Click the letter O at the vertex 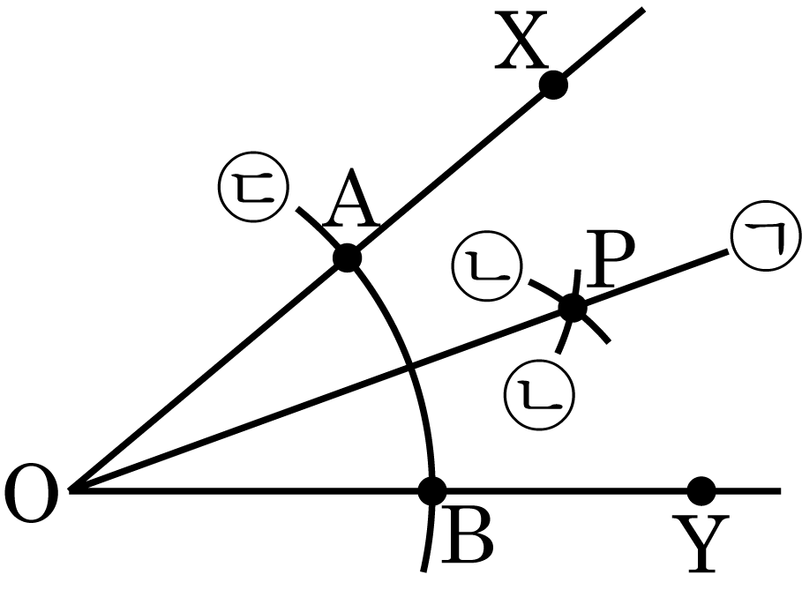pos(31,493)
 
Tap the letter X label pos(521,41)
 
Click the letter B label pos(467,534)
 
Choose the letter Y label pos(701,543)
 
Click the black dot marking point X pos(553,85)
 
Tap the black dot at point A pos(348,258)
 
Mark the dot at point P pos(573,309)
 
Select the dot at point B pos(432,490)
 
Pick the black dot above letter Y pos(701,490)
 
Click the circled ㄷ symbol pos(253,187)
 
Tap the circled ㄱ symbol pos(765,235)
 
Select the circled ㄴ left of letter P pos(487,265)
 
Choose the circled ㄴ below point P pos(540,396)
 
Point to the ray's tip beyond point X pos(643,9)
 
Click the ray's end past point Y pos(781,491)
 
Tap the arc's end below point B pos(423,571)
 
